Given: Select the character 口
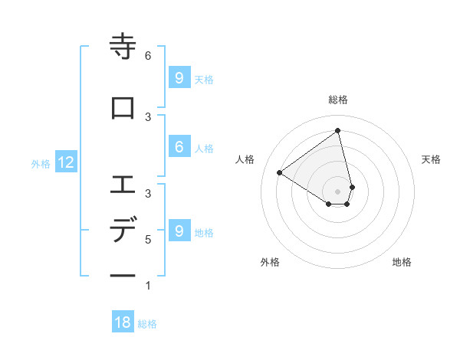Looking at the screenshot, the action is coord(123,108).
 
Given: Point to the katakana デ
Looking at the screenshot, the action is coord(123,230).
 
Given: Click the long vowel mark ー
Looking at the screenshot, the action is coord(123,275).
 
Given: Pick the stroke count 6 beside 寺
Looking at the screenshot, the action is coord(148,56).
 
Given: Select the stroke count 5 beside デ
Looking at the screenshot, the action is coord(148,240).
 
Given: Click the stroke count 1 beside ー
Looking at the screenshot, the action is coord(148,286).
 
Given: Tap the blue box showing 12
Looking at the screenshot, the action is coord(66,162).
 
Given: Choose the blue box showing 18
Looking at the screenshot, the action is coord(123,322).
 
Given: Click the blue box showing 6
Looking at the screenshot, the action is coord(179,147).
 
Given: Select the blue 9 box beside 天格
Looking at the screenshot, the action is coord(179,77).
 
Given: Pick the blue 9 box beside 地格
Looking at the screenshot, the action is coord(179,231).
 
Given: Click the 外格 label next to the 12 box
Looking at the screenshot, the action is coord(41,163).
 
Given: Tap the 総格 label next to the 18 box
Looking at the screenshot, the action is coord(147,324).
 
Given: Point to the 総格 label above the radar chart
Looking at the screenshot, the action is coord(338,100).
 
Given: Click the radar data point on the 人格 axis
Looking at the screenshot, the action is coord(280,172).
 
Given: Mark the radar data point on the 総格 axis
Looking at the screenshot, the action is coord(338,130).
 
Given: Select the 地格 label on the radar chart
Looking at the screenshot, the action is coord(402,262).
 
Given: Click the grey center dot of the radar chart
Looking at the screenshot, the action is coord(338,191).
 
